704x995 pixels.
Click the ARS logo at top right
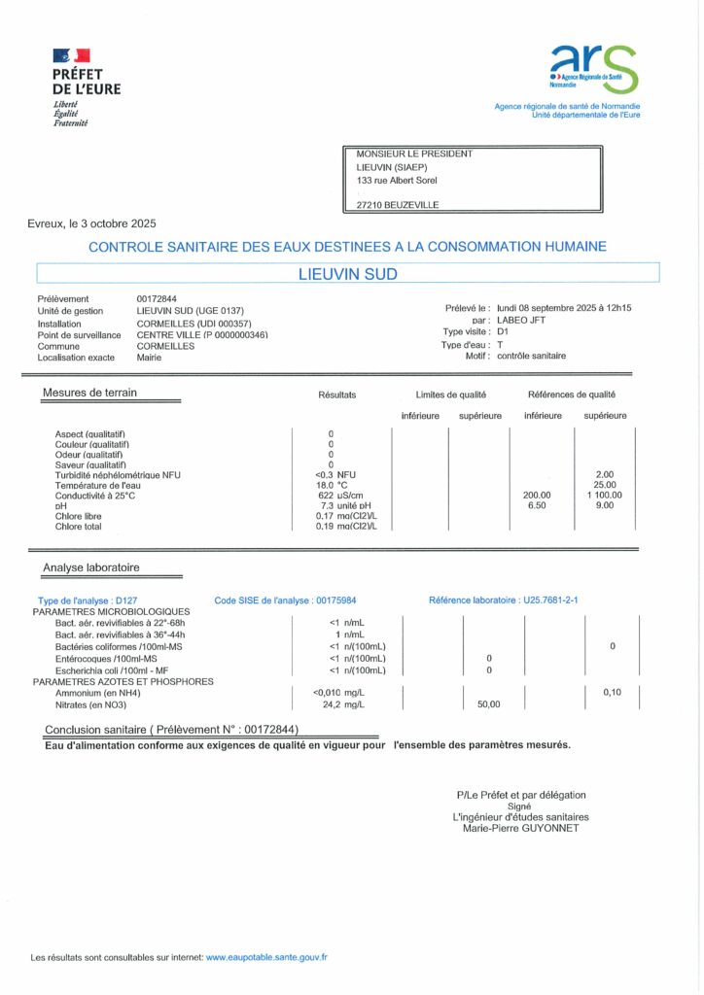tap(594, 69)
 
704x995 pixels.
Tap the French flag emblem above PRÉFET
tap(71, 56)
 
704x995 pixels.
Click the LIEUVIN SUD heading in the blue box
tap(347, 274)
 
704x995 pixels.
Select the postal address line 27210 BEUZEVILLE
tap(398, 205)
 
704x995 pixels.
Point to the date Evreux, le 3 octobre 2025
tap(91, 223)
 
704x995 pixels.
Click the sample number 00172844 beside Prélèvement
tap(158, 298)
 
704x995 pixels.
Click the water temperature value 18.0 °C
tap(332, 485)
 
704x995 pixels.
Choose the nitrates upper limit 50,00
tap(488, 704)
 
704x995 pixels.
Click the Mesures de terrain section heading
tap(89, 393)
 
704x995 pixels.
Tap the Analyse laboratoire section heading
tap(90, 567)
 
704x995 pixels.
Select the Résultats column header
tap(337, 395)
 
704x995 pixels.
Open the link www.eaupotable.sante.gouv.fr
tap(266, 957)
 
